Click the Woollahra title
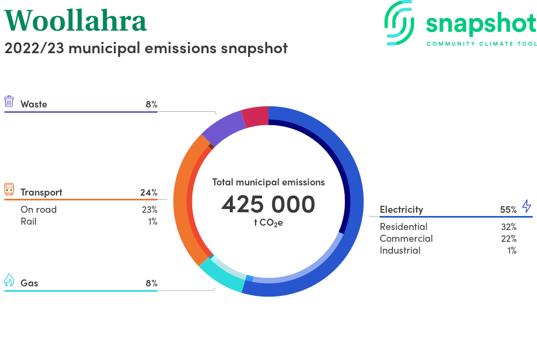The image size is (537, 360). coord(75,20)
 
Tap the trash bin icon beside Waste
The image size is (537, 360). coord(9,102)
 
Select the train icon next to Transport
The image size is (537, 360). coord(9,190)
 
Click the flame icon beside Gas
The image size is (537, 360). coord(9,280)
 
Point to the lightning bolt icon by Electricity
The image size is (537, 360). coord(526,206)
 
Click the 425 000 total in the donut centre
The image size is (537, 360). coord(268,204)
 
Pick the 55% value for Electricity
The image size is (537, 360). coord(508,210)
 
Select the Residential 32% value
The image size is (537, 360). coord(509,227)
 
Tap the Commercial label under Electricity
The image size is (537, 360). coord(406,239)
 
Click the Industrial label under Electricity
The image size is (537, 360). coord(400,250)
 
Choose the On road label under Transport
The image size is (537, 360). coord(38,210)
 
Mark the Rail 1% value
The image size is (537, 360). coord(153,221)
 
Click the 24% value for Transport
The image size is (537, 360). coord(149,192)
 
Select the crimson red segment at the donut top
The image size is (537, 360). coord(256,117)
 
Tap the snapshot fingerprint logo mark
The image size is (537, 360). coord(400,23)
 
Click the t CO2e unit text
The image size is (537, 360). coord(268,223)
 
